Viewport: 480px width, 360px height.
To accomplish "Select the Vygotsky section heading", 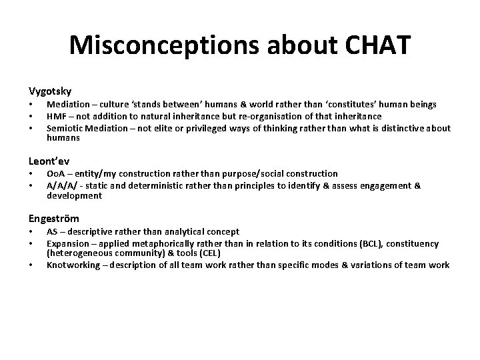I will (50, 90).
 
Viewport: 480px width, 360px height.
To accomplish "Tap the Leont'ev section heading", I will (49, 161).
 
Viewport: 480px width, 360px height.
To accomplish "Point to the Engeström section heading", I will (53, 218).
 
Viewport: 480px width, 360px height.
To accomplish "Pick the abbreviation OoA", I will (56, 173).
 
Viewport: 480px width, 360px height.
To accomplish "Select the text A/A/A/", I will (61, 186).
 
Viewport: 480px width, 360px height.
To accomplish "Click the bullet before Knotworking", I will (31, 265).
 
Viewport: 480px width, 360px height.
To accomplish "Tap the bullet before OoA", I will (31, 174).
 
